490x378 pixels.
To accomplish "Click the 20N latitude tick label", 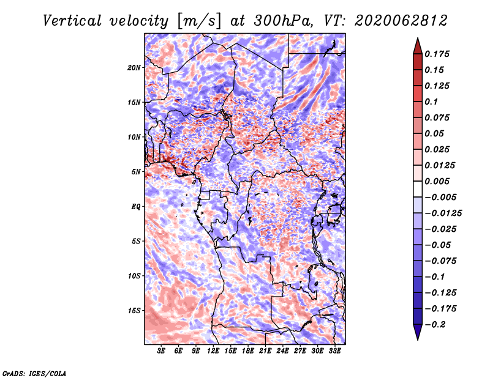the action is tap(134, 67).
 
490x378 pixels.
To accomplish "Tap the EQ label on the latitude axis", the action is tap(135, 207).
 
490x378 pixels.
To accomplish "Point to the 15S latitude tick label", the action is tap(134, 311).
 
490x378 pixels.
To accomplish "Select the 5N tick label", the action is tap(135, 172).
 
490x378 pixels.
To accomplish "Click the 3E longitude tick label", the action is tap(161, 350).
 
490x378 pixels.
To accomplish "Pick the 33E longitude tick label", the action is tap(334, 350).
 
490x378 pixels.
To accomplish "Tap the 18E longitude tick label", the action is tap(248, 350).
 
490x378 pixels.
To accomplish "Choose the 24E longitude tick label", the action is tap(282, 350).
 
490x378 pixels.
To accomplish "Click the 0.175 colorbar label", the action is tap(437, 54).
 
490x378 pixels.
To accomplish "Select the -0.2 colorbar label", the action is tap(435, 325).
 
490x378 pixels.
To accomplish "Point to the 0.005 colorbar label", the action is tap(437, 181).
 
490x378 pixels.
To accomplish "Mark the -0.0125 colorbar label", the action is tap(443, 213).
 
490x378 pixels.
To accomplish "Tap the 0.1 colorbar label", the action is tap(431, 102).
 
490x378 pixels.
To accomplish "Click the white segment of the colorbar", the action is tap(418, 189).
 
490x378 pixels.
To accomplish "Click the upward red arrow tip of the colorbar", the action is tap(418, 38).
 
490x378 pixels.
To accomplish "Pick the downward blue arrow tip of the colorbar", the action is tap(418, 339).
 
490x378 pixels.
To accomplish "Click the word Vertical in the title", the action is tap(72, 21).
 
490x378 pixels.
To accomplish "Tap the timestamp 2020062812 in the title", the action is tap(401, 21).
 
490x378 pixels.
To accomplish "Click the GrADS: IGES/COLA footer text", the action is tap(34, 373).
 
